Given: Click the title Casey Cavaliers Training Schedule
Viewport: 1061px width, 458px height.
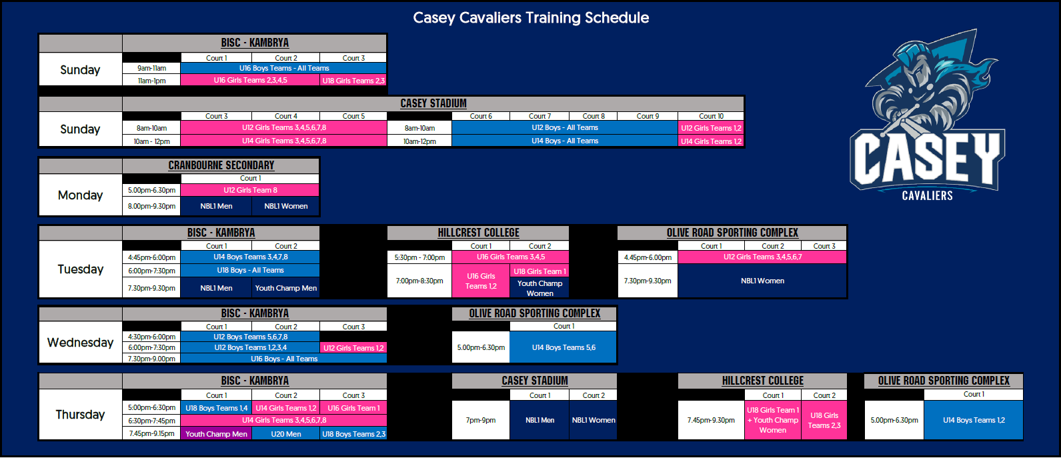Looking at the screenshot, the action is click(x=531, y=18).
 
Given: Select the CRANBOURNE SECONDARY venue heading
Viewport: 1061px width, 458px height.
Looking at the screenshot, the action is click(x=221, y=165).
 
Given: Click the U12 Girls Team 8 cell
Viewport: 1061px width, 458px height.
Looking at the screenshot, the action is click(x=250, y=190).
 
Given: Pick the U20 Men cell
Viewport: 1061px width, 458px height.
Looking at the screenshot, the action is click(x=285, y=434).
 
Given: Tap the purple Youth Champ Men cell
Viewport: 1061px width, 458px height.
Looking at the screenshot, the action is click(x=216, y=434).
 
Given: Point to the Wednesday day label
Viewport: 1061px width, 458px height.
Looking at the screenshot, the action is click(x=80, y=343).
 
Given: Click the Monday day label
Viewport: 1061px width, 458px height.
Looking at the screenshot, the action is click(x=80, y=195).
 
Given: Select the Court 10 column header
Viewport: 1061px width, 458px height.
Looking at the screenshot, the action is click(x=711, y=116).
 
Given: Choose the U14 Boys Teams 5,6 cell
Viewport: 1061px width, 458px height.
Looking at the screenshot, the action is click(x=564, y=347).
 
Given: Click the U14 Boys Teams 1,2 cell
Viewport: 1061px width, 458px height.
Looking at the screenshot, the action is click(x=974, y=420).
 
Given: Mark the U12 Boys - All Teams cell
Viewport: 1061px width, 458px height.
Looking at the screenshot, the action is click(x=565, y=127).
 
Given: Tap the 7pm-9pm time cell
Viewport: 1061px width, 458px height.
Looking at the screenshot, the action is click(x=481, y=420).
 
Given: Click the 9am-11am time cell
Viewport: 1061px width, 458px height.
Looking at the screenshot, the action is click(x=151, y=68).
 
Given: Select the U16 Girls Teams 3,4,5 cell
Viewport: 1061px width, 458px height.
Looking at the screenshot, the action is click(x=511, y=257).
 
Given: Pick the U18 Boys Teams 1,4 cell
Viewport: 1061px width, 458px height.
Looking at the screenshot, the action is click(x=216, y=408).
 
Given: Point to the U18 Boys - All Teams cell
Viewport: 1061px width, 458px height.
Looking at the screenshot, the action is click(x=250, y=270).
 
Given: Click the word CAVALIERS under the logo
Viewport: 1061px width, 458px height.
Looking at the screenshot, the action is click(x=927, y=195).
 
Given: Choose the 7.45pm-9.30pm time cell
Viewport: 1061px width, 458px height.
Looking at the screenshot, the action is click(x=711, y=420).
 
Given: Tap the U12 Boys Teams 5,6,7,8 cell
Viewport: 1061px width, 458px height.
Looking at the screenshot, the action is click(x=250, y=337).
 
